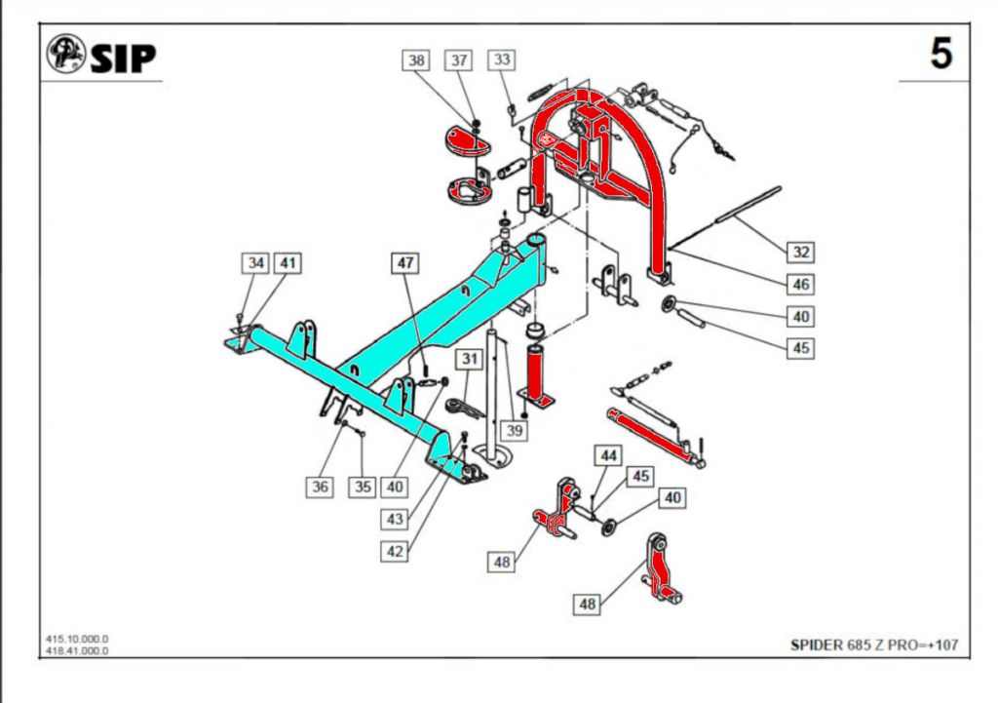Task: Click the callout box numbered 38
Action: coord(417,60)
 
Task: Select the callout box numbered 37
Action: coord(459,60)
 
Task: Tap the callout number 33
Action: coord(502,60)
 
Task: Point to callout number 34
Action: coord(256,262)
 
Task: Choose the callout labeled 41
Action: coord(288,262)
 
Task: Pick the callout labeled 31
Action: coord(471,360)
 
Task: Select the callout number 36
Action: coord(321,486)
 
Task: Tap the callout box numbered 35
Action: coord(363,486)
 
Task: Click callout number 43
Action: coord(395,520)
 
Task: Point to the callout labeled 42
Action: coord(395,551)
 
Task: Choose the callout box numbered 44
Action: coord(609,455)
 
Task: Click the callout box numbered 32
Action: coord(800,253)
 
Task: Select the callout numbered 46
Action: coord(800,285)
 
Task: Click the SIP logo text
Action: coord(123,58)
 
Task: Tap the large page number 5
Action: coord(940,54)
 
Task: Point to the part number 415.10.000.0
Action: coord(77,640)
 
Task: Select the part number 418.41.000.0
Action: coord(77,650)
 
